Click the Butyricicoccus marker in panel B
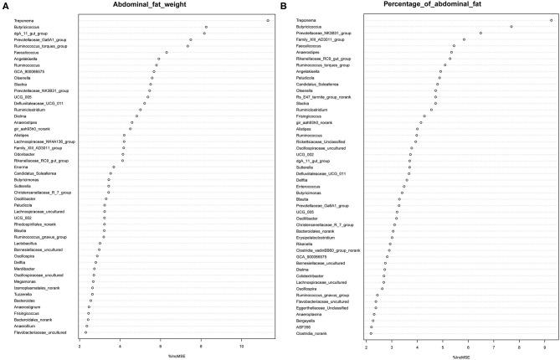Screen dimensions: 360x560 point(511,27)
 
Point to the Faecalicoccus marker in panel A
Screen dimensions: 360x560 point(167,53)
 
